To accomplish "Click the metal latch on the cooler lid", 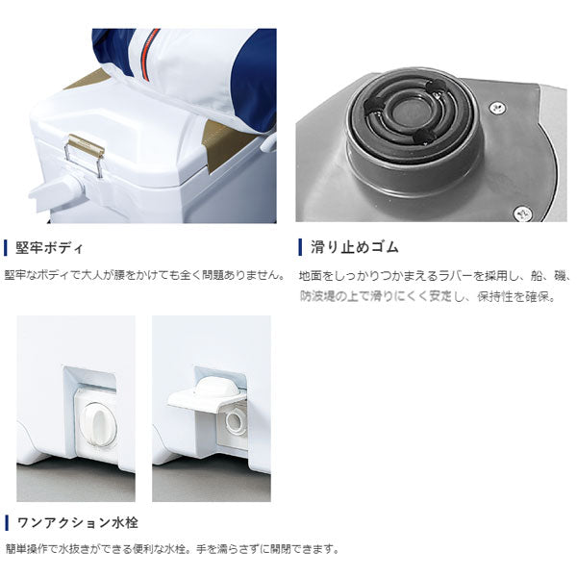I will tap(86, 155).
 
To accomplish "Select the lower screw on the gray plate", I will tap(522, 210).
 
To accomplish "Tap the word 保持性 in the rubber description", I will tap(500, 296).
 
